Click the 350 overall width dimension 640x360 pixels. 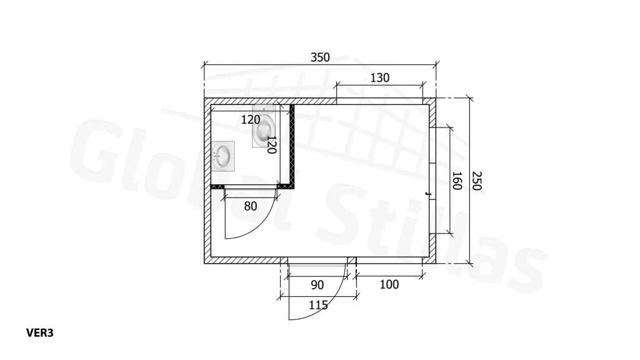tap(320, 57)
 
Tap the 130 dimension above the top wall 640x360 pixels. tap(379, 77)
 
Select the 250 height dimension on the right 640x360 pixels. tap(477, 181)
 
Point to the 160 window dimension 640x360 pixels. tap(457, 181)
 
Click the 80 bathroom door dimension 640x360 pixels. tap(251, 206)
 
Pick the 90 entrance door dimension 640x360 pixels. tap(317, 285)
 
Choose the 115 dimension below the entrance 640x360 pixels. tap(318, 305)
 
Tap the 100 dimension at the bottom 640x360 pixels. tap(389, 284)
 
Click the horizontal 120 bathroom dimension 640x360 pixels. tap(251, 119)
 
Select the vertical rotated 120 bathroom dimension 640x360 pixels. tap(271, 144)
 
